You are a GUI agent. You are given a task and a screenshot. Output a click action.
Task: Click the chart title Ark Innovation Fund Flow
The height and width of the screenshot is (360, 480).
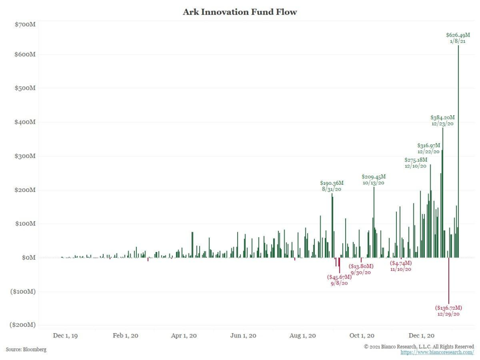coord(240,12)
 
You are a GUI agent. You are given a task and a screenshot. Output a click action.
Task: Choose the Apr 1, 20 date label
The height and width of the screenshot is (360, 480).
coord(184,336)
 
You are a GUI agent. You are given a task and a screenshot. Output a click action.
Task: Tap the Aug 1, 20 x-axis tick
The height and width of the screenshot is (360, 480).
coord(303,336)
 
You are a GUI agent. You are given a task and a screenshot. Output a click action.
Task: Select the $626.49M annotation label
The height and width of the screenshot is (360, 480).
coord(458,35)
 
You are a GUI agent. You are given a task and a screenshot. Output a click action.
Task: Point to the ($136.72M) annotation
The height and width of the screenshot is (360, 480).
coord(449,307)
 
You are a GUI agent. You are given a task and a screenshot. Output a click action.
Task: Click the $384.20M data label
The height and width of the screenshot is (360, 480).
coord(442,117)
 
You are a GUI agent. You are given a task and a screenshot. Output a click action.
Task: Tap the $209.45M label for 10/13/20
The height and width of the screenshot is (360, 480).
coord(373,177)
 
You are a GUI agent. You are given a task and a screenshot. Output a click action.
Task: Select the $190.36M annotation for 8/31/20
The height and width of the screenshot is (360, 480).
coord(332,183)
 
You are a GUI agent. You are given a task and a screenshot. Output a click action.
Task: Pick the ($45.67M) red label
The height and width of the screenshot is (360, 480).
coord(339,277)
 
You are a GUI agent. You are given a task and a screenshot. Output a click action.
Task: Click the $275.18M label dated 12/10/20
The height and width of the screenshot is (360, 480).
coord(416,159)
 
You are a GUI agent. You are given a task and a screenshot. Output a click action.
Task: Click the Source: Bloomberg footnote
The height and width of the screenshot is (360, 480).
coord(26,349)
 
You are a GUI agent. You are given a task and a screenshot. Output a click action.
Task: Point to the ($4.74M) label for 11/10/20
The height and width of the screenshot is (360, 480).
coord(401,263)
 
